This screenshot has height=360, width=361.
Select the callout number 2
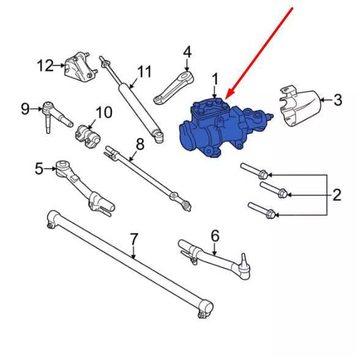[337, 195]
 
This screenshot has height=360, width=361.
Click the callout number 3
[338, 100]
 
